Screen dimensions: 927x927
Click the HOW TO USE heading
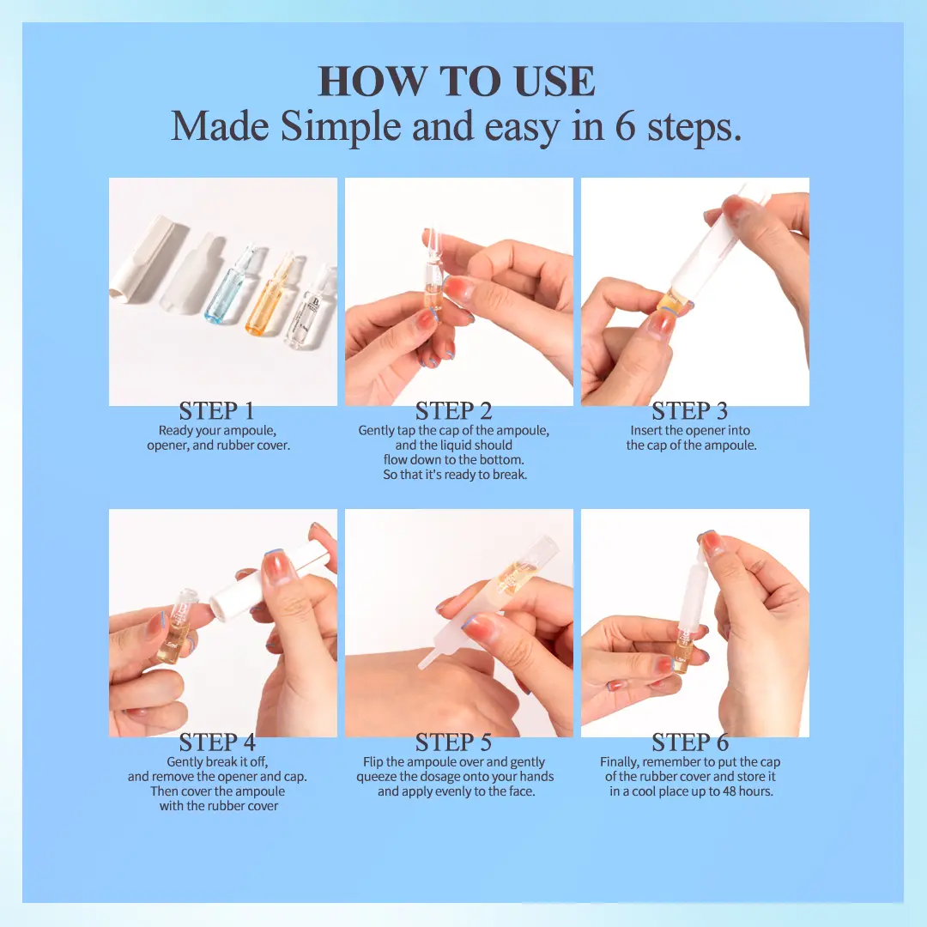point(457,81)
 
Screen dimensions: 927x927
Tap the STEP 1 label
point(217,411)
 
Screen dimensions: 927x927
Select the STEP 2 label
point(453,411)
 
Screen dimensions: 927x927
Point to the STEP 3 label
point(690,411)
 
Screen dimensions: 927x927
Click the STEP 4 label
point(217,742)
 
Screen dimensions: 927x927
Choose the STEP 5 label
point(453,742)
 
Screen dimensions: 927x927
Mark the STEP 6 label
point(690,742)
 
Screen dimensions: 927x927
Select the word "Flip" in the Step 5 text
point(373,762)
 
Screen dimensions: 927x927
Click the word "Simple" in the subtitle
point(341,126)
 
